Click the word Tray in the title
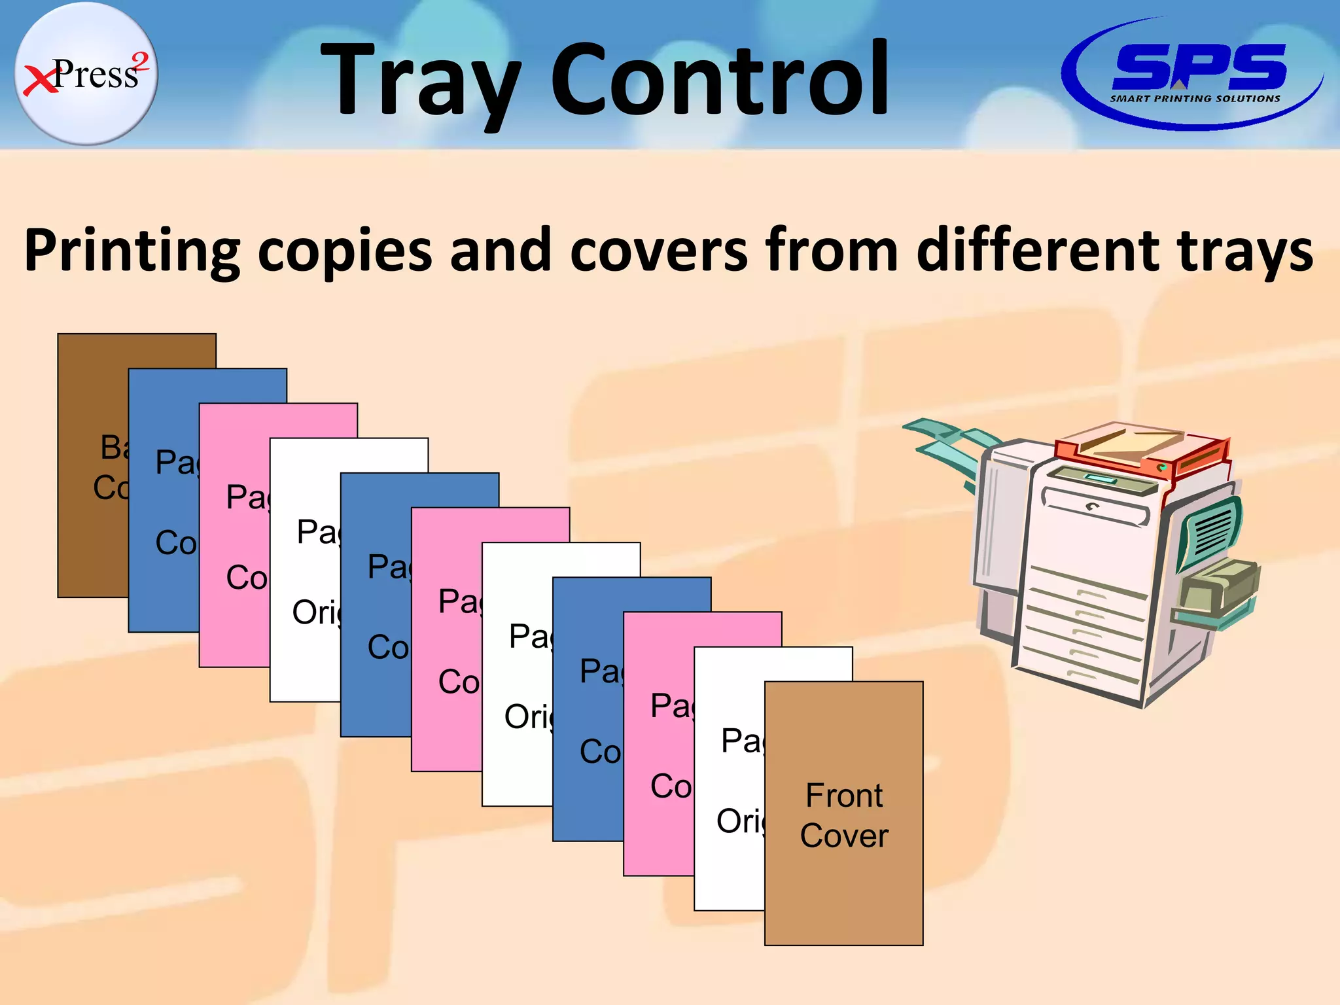tap(419, 82)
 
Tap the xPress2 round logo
tap(86, 73)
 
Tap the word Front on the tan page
tap(844, 796)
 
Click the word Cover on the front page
tap(844, 836)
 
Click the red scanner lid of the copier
tap(1138, 451)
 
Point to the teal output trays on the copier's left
tap(949, 445)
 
